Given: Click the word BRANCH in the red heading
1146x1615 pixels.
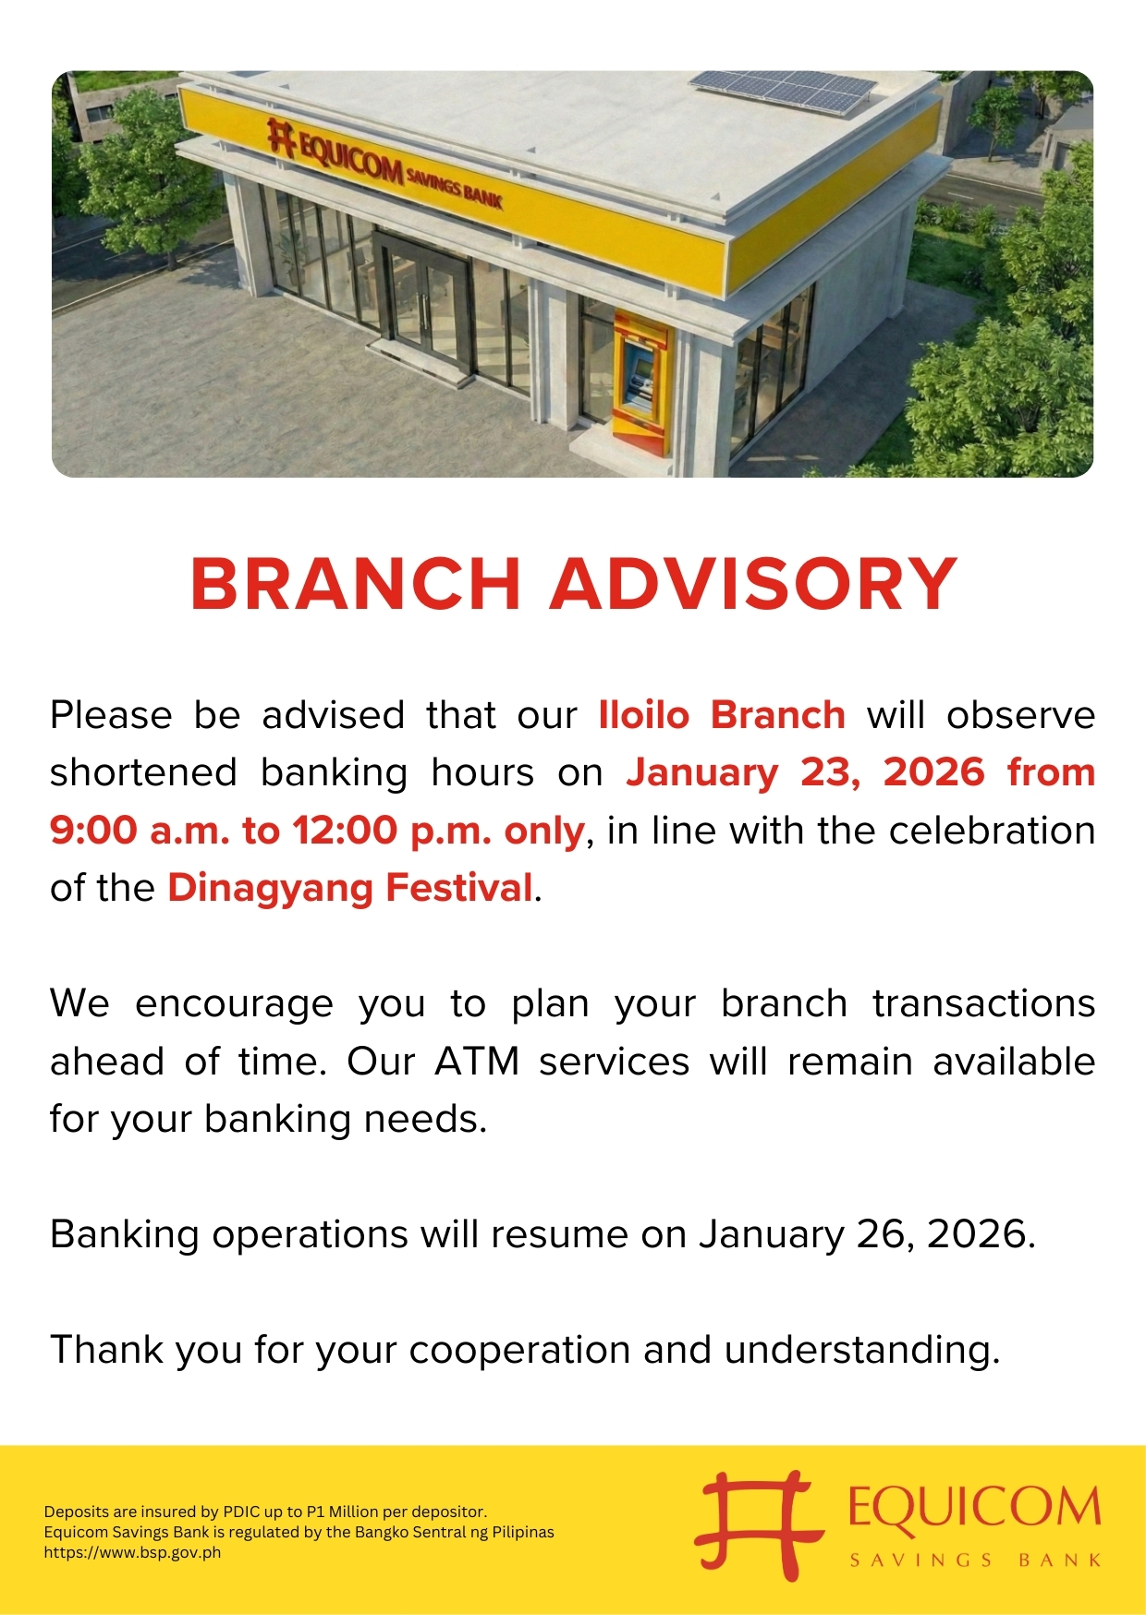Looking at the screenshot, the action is click(x=356, y=584).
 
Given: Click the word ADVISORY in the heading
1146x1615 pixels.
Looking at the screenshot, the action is click(x=753, y=584).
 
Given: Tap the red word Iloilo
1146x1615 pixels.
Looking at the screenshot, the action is click(x=644, y=715).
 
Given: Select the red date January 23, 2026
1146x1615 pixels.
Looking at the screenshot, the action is click(x=805, y=773).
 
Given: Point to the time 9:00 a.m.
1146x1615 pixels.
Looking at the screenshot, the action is click(x=139, y=831).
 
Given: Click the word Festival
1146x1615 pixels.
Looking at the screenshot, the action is click(x=459, y=888).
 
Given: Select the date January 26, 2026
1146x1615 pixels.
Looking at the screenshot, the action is click(x=867, y=1235).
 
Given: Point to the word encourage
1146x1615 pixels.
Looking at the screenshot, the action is click(x=234, y=1005).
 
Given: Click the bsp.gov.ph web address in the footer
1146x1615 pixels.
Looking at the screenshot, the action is click(x=132, y=1552).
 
